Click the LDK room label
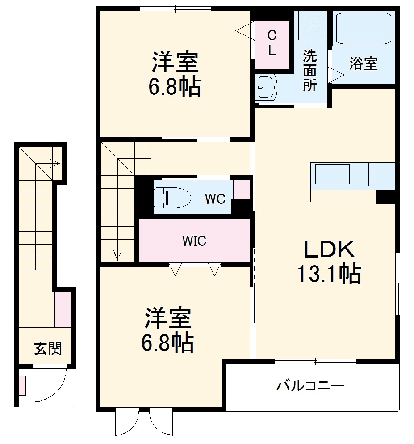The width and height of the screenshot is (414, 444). [329, 249]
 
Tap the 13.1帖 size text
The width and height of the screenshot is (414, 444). [329, 274]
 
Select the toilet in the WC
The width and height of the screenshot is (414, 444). [171, 197]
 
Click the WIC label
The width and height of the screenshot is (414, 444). [194, 241]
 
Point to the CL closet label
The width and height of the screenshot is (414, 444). [272, 43]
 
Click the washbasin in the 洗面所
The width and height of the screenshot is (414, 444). [267, 87]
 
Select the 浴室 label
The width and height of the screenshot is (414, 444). [363, 64]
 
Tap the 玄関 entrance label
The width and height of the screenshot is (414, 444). [48, 348]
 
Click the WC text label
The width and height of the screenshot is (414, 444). [215, 199]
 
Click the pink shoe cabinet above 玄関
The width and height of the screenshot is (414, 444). [63, 309]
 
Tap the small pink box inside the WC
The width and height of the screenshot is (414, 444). [242, 189]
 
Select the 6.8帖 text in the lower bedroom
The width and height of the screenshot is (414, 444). [168, 343]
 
